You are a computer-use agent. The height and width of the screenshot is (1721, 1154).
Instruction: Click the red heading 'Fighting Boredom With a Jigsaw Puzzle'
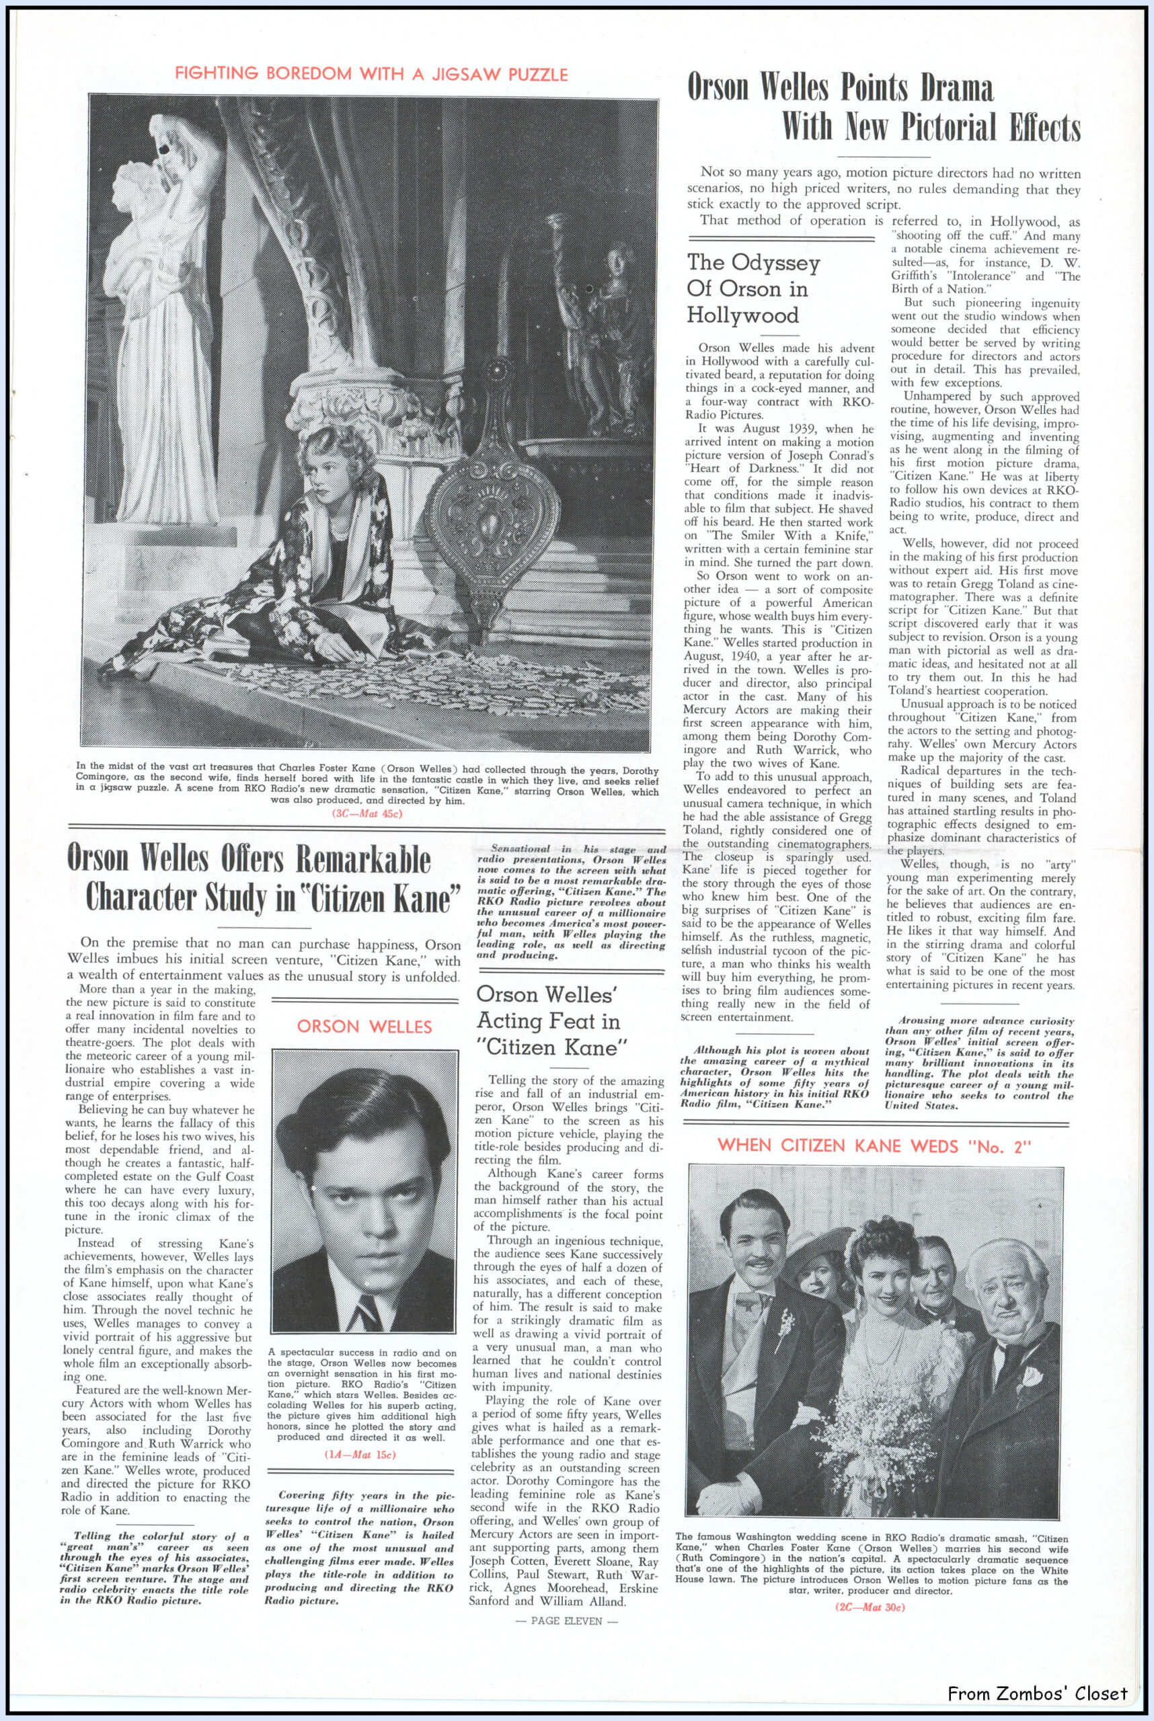tap(371, 73)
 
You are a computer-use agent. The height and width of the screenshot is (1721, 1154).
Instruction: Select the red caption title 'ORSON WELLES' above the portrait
tap(365, 1027)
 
